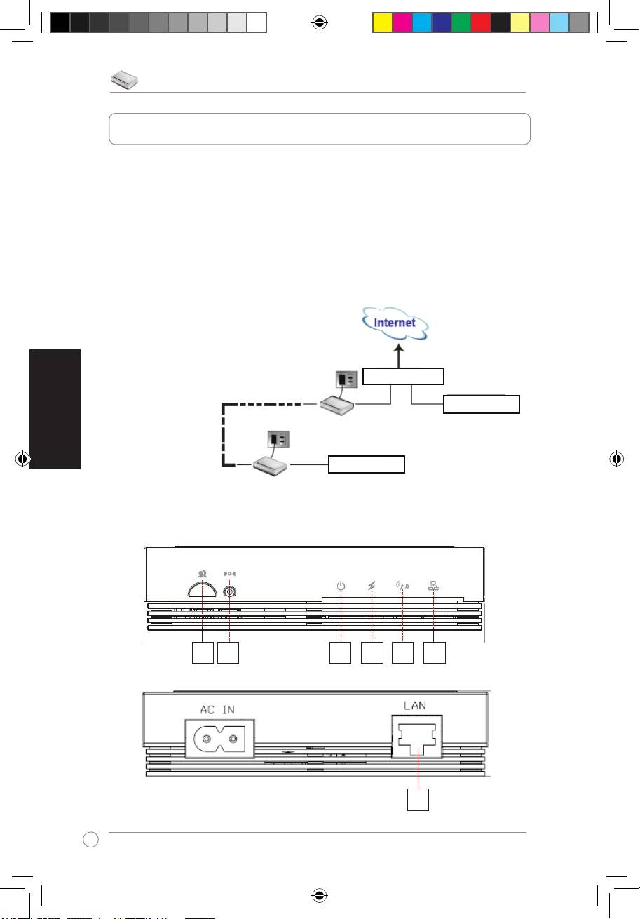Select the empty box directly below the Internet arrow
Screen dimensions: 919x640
[x=403, y=376]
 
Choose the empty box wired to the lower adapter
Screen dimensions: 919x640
[x=367, y=464]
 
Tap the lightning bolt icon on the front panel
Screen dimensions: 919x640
[x=372, y=585]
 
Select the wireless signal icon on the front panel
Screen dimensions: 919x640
[x=402, y=585]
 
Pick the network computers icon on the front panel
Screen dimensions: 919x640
[x=433, y=585]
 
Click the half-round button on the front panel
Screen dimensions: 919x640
[x=202, y=590]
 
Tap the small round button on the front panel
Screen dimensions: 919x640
[x=229, y=591]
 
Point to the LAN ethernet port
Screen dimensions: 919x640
[x=418, y=739]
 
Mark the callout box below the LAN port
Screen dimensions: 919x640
[x=418, y=800]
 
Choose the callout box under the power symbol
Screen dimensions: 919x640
[x=341, y=653]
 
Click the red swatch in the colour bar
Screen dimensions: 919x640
[x=480, y=22]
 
